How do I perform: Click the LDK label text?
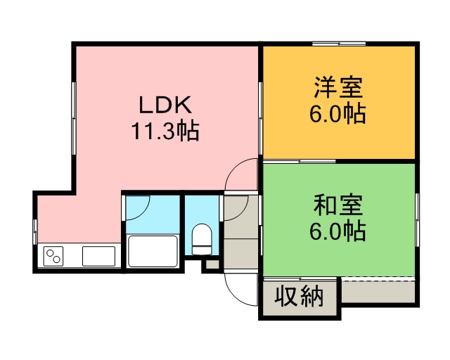[165, 105]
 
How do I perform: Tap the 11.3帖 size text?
[165, 131]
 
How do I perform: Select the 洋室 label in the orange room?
[338, 87]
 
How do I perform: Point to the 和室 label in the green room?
[338, 205]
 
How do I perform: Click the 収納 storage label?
[299, 295]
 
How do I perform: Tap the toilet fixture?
[202, 239]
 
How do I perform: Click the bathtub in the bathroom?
[153, 251]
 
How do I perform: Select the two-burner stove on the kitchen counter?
[53, 256]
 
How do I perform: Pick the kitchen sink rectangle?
[98, 256]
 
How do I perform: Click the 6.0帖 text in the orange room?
[337, 113]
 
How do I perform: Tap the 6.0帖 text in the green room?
[337, 231]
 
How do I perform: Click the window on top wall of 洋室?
[339, 44]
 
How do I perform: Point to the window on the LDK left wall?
[74, 118]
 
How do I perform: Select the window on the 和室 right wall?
[417, 219]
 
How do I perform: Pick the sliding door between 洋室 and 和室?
[300, 161]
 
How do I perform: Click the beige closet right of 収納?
[378, 291]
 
